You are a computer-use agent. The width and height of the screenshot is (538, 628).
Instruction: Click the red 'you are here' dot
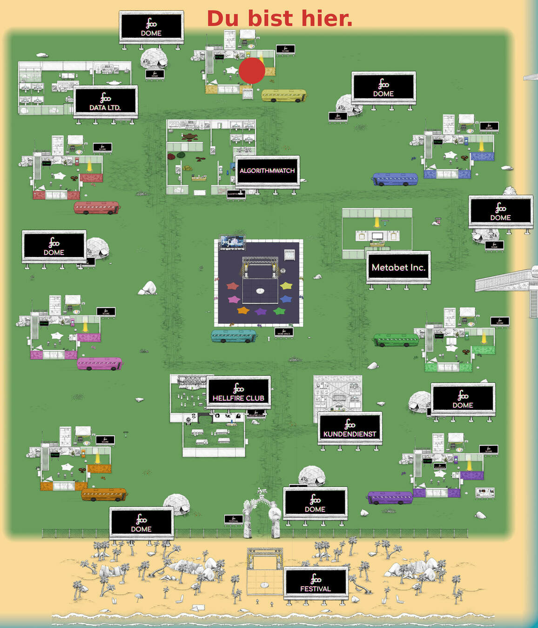[x=252, y=71]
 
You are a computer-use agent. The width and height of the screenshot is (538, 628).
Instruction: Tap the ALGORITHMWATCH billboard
[x=267, y=171]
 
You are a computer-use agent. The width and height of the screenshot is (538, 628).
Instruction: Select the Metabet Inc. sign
[x=398, y=267]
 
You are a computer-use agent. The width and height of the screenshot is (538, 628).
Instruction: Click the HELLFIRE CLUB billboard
[x=238, y=393]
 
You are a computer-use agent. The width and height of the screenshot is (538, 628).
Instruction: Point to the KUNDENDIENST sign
[x=350, y=428]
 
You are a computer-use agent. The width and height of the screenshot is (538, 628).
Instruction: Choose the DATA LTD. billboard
[x=105, y=102]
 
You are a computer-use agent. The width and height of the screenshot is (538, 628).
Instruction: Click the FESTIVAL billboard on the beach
[x=316, y=583]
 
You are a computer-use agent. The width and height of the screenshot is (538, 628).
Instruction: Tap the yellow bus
[x=283, y=95]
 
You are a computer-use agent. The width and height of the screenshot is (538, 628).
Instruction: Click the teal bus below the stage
[x=234, y=336]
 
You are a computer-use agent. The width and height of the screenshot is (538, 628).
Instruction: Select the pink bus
[x=100, y=363]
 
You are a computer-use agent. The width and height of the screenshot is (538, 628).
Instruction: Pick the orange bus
[x=103, y=494]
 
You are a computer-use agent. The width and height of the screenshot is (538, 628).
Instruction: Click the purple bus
[x=390, y=498]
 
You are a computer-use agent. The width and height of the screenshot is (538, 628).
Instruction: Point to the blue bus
[x=395, y=179]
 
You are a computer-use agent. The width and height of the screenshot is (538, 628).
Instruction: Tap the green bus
[x=396, y=340]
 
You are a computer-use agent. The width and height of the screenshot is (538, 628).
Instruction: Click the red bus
[x=96, y=207]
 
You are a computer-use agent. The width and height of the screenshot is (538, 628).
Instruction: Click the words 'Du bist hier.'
[x=279, y=19]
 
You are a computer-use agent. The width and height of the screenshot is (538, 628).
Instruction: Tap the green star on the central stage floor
[x=279, y=311]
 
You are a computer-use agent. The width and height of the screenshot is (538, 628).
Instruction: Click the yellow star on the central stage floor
[x=286, y=286]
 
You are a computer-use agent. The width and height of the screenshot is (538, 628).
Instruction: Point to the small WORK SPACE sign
[x=283, y=333]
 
